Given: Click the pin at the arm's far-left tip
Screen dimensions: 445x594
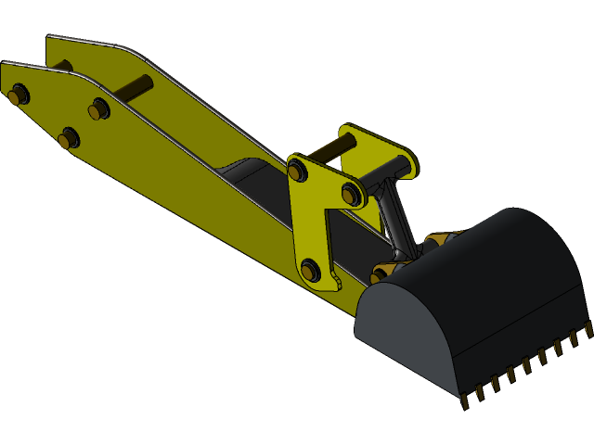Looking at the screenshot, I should pyautogui.click(x=18, y=94).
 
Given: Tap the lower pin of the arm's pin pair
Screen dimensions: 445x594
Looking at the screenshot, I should pyautogui.click(x=68, y=139).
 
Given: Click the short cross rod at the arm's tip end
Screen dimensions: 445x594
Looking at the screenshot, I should pyautogui.click(x=61, y=66).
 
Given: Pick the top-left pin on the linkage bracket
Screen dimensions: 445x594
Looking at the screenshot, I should pyautogui.click(x=297, y=171).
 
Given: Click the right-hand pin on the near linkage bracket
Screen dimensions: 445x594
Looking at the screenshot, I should pyautogui.click(x=351, y=194).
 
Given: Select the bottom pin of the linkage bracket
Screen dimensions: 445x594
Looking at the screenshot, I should pyautogui.click(x=310, y=270).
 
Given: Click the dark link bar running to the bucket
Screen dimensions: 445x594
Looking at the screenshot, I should pyautogui.click(x=394, y=222).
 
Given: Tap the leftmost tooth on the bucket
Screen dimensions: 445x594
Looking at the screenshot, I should pyautogui.click(x=465, y=400).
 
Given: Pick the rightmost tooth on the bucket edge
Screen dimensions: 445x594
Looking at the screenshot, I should pyautogui.click(x=588, y=328).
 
